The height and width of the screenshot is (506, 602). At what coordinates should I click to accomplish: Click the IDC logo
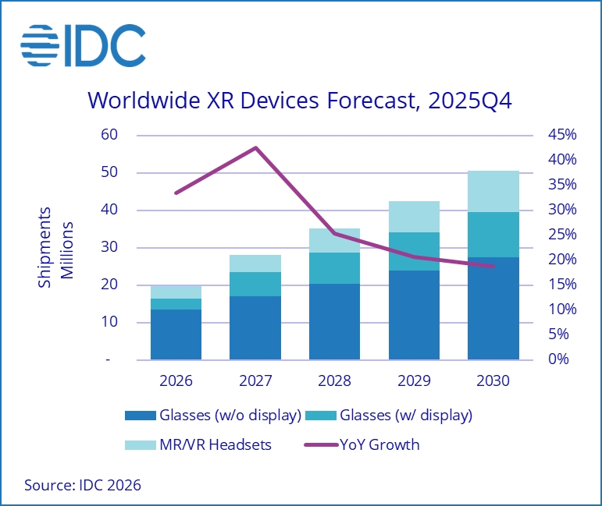[83, 44]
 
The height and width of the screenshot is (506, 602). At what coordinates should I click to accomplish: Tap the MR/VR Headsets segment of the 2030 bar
[493, 191]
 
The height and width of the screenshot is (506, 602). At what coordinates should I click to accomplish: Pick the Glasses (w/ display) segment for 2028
[334, 268]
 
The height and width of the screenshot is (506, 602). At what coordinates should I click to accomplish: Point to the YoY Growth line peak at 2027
[255, 147]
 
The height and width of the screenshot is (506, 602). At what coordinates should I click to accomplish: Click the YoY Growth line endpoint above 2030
[493, 266]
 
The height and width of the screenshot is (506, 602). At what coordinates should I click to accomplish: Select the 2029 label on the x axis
[414, 382]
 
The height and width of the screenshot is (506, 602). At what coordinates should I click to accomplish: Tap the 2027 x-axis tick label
[255, 382]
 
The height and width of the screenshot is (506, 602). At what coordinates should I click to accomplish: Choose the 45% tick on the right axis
[561, 135]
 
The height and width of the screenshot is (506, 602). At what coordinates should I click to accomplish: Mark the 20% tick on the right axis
[561, 260]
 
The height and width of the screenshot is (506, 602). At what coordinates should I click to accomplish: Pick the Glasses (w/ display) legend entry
[395, 415]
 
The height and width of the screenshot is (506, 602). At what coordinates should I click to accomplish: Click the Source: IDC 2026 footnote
[83, 485]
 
